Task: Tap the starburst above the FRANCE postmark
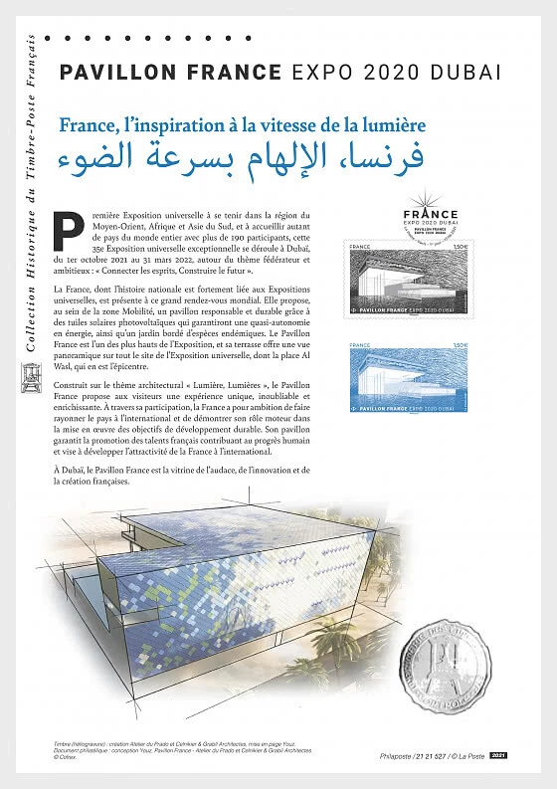point(430,198)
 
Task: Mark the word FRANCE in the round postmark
point(430,214)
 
